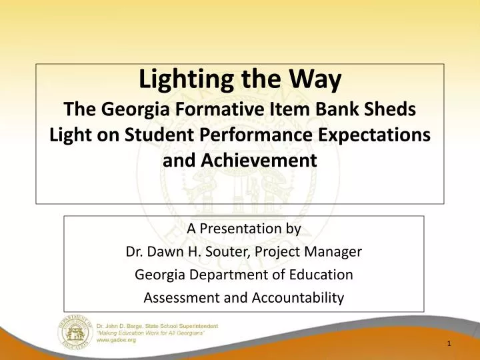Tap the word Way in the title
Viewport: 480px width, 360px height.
(x=318, y=81)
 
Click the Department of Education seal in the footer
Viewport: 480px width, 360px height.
(x=75, y=331)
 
